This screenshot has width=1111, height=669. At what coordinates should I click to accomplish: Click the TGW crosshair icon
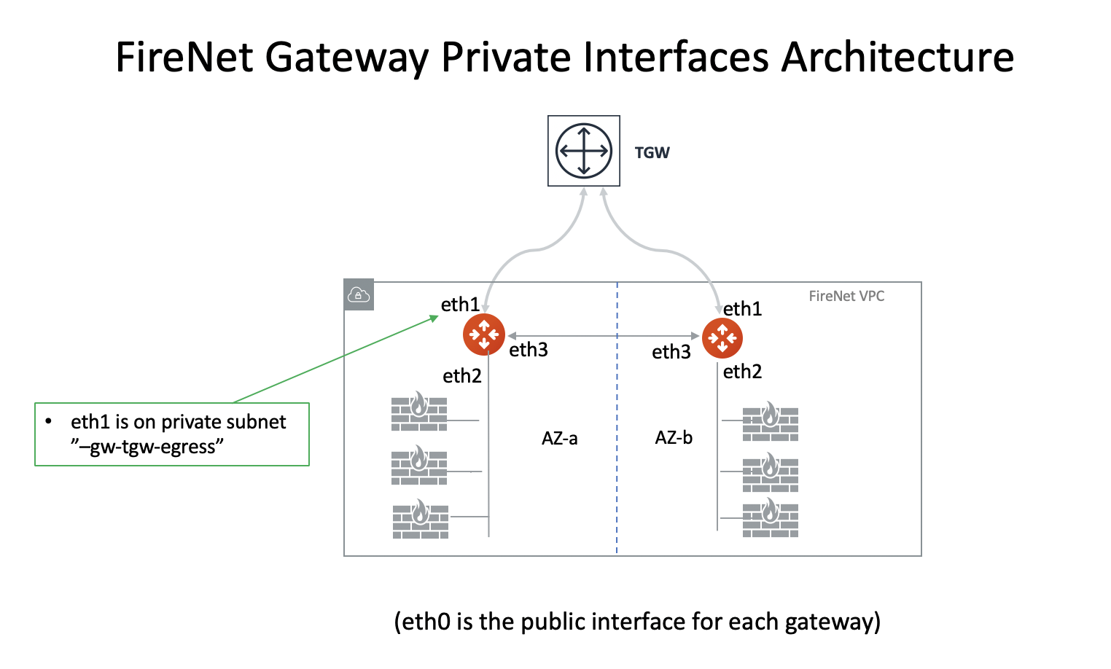pyautogui.click(x=583, y=151)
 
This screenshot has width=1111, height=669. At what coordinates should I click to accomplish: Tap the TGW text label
pyautogui.click(x=652, y=153)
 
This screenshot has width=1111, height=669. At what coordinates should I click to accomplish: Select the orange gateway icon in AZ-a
pyautogui.click(x=483, y=334)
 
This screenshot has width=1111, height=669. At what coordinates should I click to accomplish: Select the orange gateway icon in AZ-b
pyautogui.click(x=722, y=338)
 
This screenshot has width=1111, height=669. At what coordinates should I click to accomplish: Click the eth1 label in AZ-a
pyautogui.click(x=460, y=305)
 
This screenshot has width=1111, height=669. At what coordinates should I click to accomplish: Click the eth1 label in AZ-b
pyautogui.click(x=742, y=309)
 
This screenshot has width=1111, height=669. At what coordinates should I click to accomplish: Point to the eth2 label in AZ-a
pyautogui.click(x=462, y=376)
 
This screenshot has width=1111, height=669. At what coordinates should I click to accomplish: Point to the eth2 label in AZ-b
pyautogui.click(x=742, y=372)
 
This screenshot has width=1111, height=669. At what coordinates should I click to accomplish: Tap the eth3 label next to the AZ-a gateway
pyautogui.click(x=528, y=351)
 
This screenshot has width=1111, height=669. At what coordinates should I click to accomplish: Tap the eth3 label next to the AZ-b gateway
pyautogui.click(x=671, y=352)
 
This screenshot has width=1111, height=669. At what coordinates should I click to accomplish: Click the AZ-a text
pyautogui.click(x=559, y=439)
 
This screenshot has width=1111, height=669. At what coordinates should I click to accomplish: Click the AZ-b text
pyautogui.click(x=674, y=438)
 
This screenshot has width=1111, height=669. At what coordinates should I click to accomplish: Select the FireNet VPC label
pyautogui.click(x=846, y=296)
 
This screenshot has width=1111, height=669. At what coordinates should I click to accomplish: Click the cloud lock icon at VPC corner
pyautogui.click(x=359, y=295)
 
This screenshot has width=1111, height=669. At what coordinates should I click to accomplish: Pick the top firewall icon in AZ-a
pyautogui.click(x=419, y=412)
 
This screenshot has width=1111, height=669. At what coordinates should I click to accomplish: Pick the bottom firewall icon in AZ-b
pyautogui.click(x=770, y=519)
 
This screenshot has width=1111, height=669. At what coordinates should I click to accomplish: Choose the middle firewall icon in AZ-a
pyautogui.click(x=419, y=466)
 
